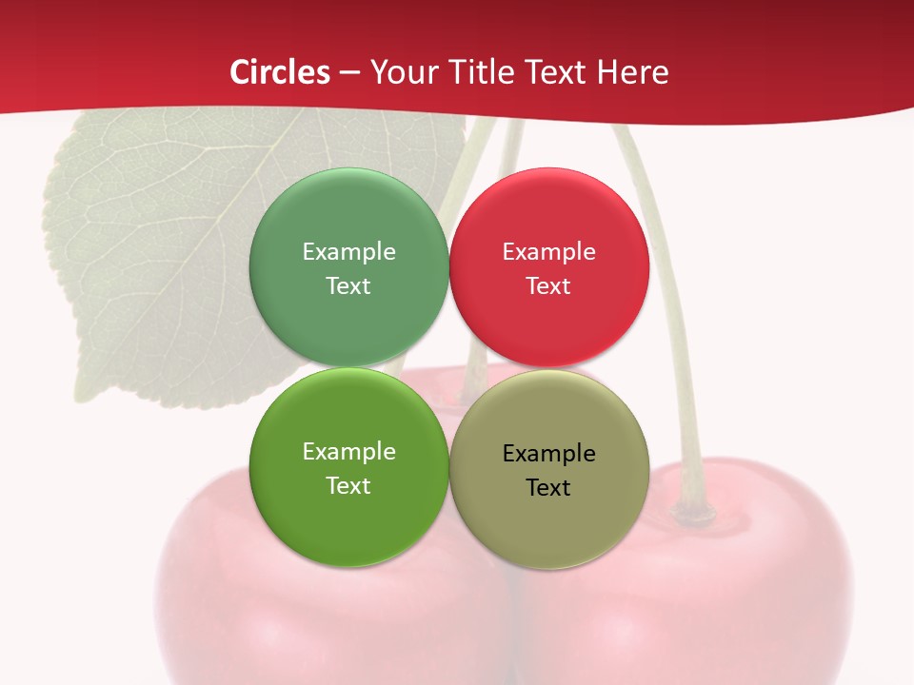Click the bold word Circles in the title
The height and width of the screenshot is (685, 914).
tap(280, 72)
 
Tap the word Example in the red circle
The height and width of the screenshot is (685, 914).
tap(548, 252)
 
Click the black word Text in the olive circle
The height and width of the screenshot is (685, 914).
tap(548, 488)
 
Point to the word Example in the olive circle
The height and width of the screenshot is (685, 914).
tap(548, 454)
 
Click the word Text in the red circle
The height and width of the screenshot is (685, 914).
tap(548, 286)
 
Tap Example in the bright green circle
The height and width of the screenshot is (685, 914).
tap(348, 452)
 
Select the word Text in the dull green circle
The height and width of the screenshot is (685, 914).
tap(348, 286)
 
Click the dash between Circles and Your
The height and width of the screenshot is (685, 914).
tap(349, 72)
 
